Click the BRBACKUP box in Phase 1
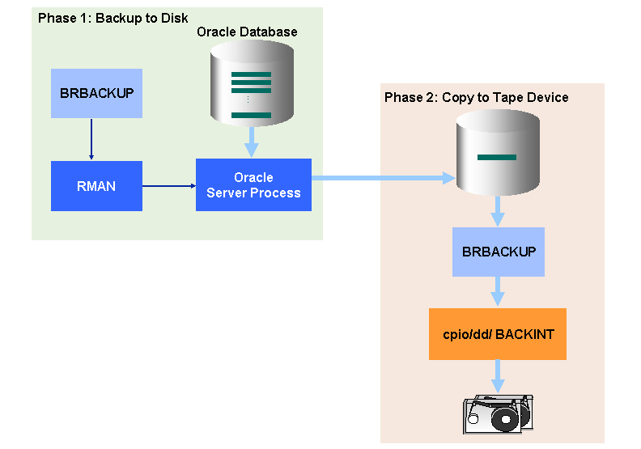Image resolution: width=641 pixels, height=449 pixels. [x=96, y=93]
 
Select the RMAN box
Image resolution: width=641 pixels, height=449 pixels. [x=96, y=186]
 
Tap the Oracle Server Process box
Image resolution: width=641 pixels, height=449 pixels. [x=253, y=185]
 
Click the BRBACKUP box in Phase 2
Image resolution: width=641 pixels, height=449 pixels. [x=499, y=252]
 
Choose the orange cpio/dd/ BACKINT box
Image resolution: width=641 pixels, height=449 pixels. [x=498, y=334]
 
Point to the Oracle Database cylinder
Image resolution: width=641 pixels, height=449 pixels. [x=252, y=82]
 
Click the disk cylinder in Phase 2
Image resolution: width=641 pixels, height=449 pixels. [x=497, y=154]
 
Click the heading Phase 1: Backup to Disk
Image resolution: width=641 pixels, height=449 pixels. [x=112, y=18]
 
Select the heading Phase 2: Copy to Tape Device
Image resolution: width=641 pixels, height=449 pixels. [x=476, y=98]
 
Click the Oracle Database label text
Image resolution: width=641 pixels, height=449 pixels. [x=247, y=32]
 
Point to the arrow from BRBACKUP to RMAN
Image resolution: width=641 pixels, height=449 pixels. [x=91, y=139]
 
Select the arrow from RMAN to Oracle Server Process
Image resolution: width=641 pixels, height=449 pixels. [x=169, y=186]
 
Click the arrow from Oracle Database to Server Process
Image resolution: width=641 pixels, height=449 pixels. [x=252, y=144]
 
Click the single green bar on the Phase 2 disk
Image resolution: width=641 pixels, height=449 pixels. [x=497, y=157]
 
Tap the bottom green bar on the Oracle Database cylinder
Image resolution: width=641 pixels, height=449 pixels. [x=252, y=116]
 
